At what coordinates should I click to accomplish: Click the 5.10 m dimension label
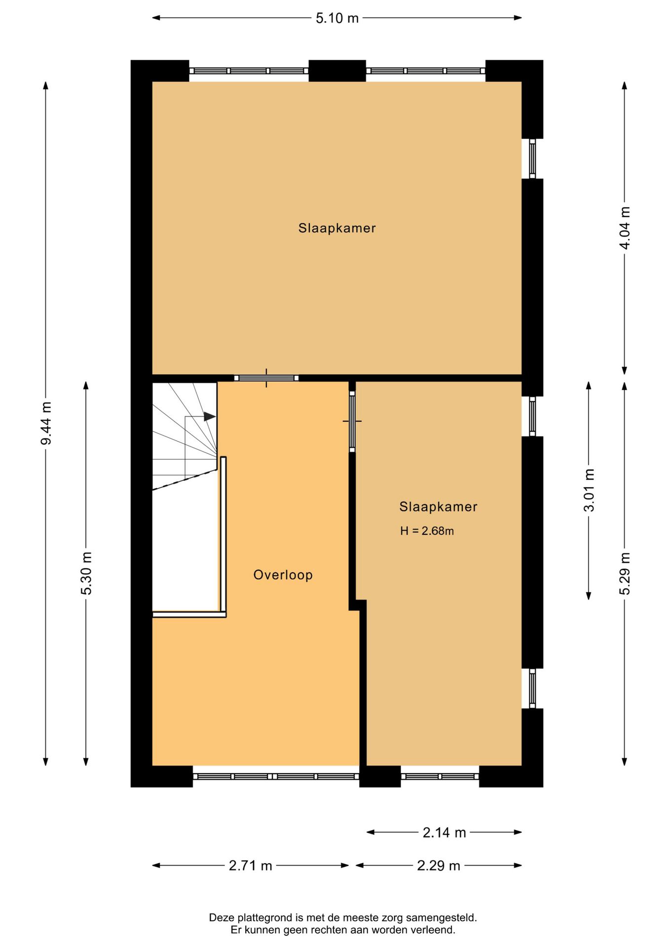(x=337, y=18)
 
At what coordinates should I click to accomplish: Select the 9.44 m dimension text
(x=46, y=423)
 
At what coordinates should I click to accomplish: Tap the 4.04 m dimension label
(x=625, y=228)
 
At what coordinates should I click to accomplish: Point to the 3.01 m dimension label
(x=589, y=490)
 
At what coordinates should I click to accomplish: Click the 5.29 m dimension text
(x=625, y=574)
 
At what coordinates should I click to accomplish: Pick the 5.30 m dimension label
(x=86, y=573)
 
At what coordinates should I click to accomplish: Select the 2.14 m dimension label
(x=444, y=833)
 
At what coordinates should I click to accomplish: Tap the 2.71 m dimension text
(x=250, y=866)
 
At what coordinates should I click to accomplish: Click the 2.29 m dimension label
(x=439, y=866)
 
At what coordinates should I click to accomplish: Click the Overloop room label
(x=283, y=575)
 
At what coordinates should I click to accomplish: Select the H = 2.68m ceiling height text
(x=427, y=531)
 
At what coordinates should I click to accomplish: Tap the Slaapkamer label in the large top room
(x=337, y=228)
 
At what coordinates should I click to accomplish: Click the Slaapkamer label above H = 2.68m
(x=438, y=507)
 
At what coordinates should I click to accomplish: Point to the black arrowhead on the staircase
(x=210, y=417)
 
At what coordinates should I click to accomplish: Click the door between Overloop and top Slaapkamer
(x=266, y=378)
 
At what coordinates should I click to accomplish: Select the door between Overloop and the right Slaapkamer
(x=352, y=421)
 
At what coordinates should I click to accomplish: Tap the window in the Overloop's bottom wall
(x=276, y=777)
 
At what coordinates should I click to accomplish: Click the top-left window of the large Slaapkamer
(x=249, y=71)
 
